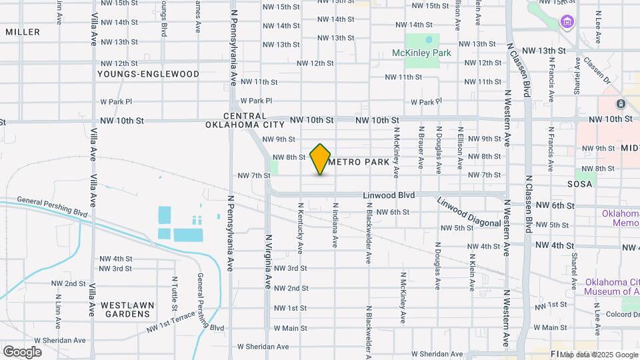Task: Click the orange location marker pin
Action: point(321,159)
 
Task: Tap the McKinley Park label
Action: point(421,53)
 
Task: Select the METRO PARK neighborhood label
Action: point(359,162)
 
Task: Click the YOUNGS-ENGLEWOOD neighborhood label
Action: point(148,73)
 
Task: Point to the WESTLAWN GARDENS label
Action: point(126,309)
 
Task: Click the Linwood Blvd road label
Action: point(389,195)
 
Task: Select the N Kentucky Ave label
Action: point(301,229)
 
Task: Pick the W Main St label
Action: point(290,327)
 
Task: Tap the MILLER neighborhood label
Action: point(22,32)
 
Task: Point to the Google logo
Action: point(22,351)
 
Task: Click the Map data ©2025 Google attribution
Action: point(599,355)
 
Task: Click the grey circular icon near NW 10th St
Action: point(621,104)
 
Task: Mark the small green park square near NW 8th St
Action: point(273,165)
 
